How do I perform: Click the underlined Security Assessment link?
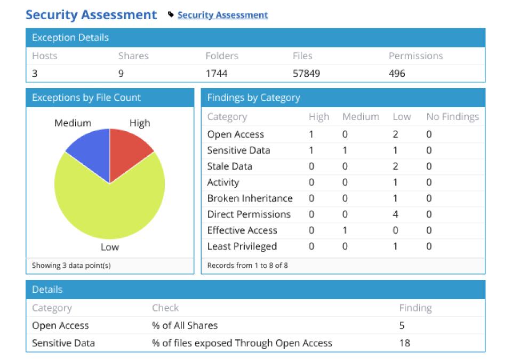[222, 15]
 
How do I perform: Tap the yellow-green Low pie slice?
[109, 211]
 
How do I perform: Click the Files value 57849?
[306, 74]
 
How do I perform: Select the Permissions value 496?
[397, 74]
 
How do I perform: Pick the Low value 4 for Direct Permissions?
[395, 214]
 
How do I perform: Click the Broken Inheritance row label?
[250, 198]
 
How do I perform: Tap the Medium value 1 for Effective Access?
[345, 230]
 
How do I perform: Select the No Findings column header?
[452, 117]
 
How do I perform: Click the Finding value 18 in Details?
[404, 343]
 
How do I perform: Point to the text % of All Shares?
[185, 325]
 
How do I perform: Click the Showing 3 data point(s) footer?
[71, 266]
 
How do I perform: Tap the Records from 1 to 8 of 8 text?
[247, 266]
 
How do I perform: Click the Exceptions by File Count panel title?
[86, 98]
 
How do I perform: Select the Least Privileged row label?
[242, 246]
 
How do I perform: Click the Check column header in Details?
[165, 308]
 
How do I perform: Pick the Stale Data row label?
[229, 166]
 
